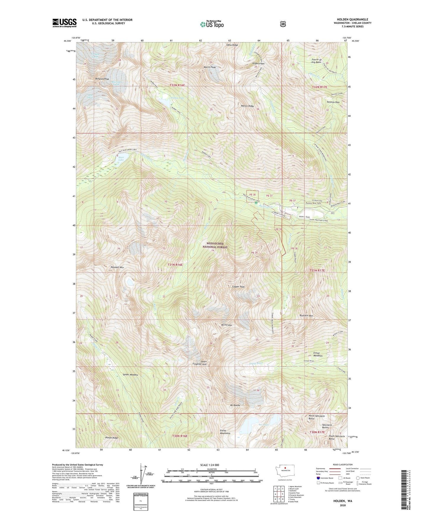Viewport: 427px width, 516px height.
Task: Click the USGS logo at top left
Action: click(64, 22)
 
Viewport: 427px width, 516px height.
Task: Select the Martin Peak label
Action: click(210, 67)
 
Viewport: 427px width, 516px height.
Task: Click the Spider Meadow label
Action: click(130, 375)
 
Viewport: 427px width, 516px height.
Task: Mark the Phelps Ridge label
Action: click(111, 438)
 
